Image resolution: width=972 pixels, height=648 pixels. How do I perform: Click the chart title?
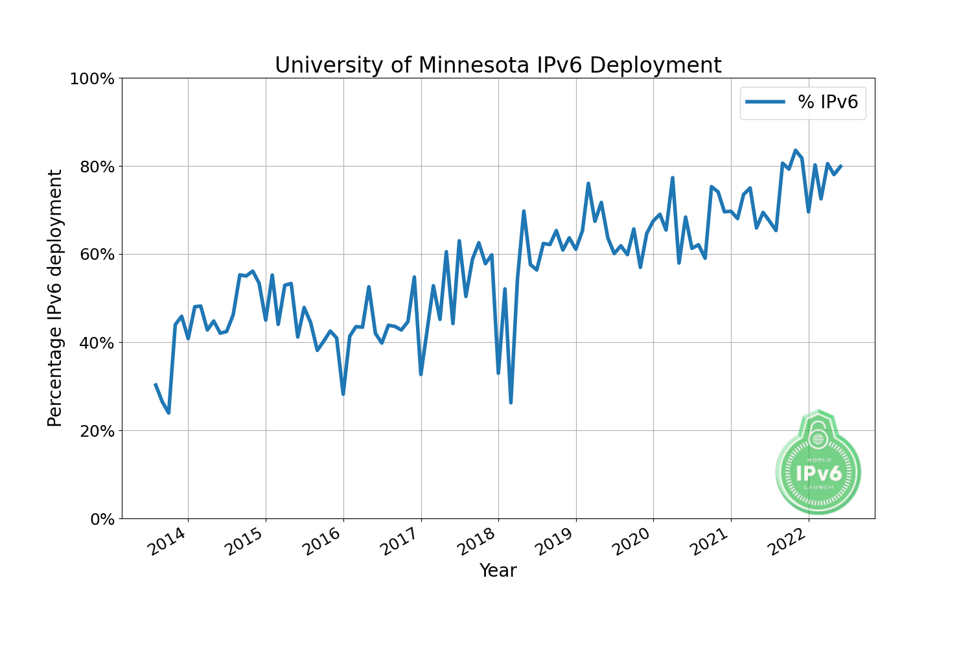498,65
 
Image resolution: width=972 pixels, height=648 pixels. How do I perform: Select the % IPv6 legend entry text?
828,102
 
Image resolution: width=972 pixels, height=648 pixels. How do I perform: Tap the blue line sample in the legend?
765,102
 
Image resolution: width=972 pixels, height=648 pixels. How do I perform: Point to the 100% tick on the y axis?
92,79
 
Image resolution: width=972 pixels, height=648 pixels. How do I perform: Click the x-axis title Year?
498,571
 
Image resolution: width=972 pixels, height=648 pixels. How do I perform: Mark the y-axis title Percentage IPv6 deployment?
56,298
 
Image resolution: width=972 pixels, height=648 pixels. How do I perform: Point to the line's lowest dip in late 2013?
168,412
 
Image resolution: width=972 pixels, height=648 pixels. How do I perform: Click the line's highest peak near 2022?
796,151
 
